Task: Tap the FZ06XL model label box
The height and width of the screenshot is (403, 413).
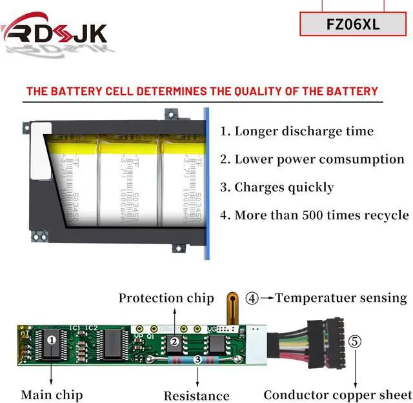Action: (x=353, y=24)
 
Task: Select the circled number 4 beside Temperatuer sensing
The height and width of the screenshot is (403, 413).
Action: (x=252, y=299)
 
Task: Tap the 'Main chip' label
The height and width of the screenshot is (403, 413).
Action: (x=52, y=395)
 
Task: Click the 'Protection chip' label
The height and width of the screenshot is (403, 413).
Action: (x=166, y=299)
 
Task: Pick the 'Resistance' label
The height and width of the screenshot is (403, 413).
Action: (x=196, y=395)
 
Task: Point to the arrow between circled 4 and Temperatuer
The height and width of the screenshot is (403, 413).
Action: (x=267, y=299)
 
